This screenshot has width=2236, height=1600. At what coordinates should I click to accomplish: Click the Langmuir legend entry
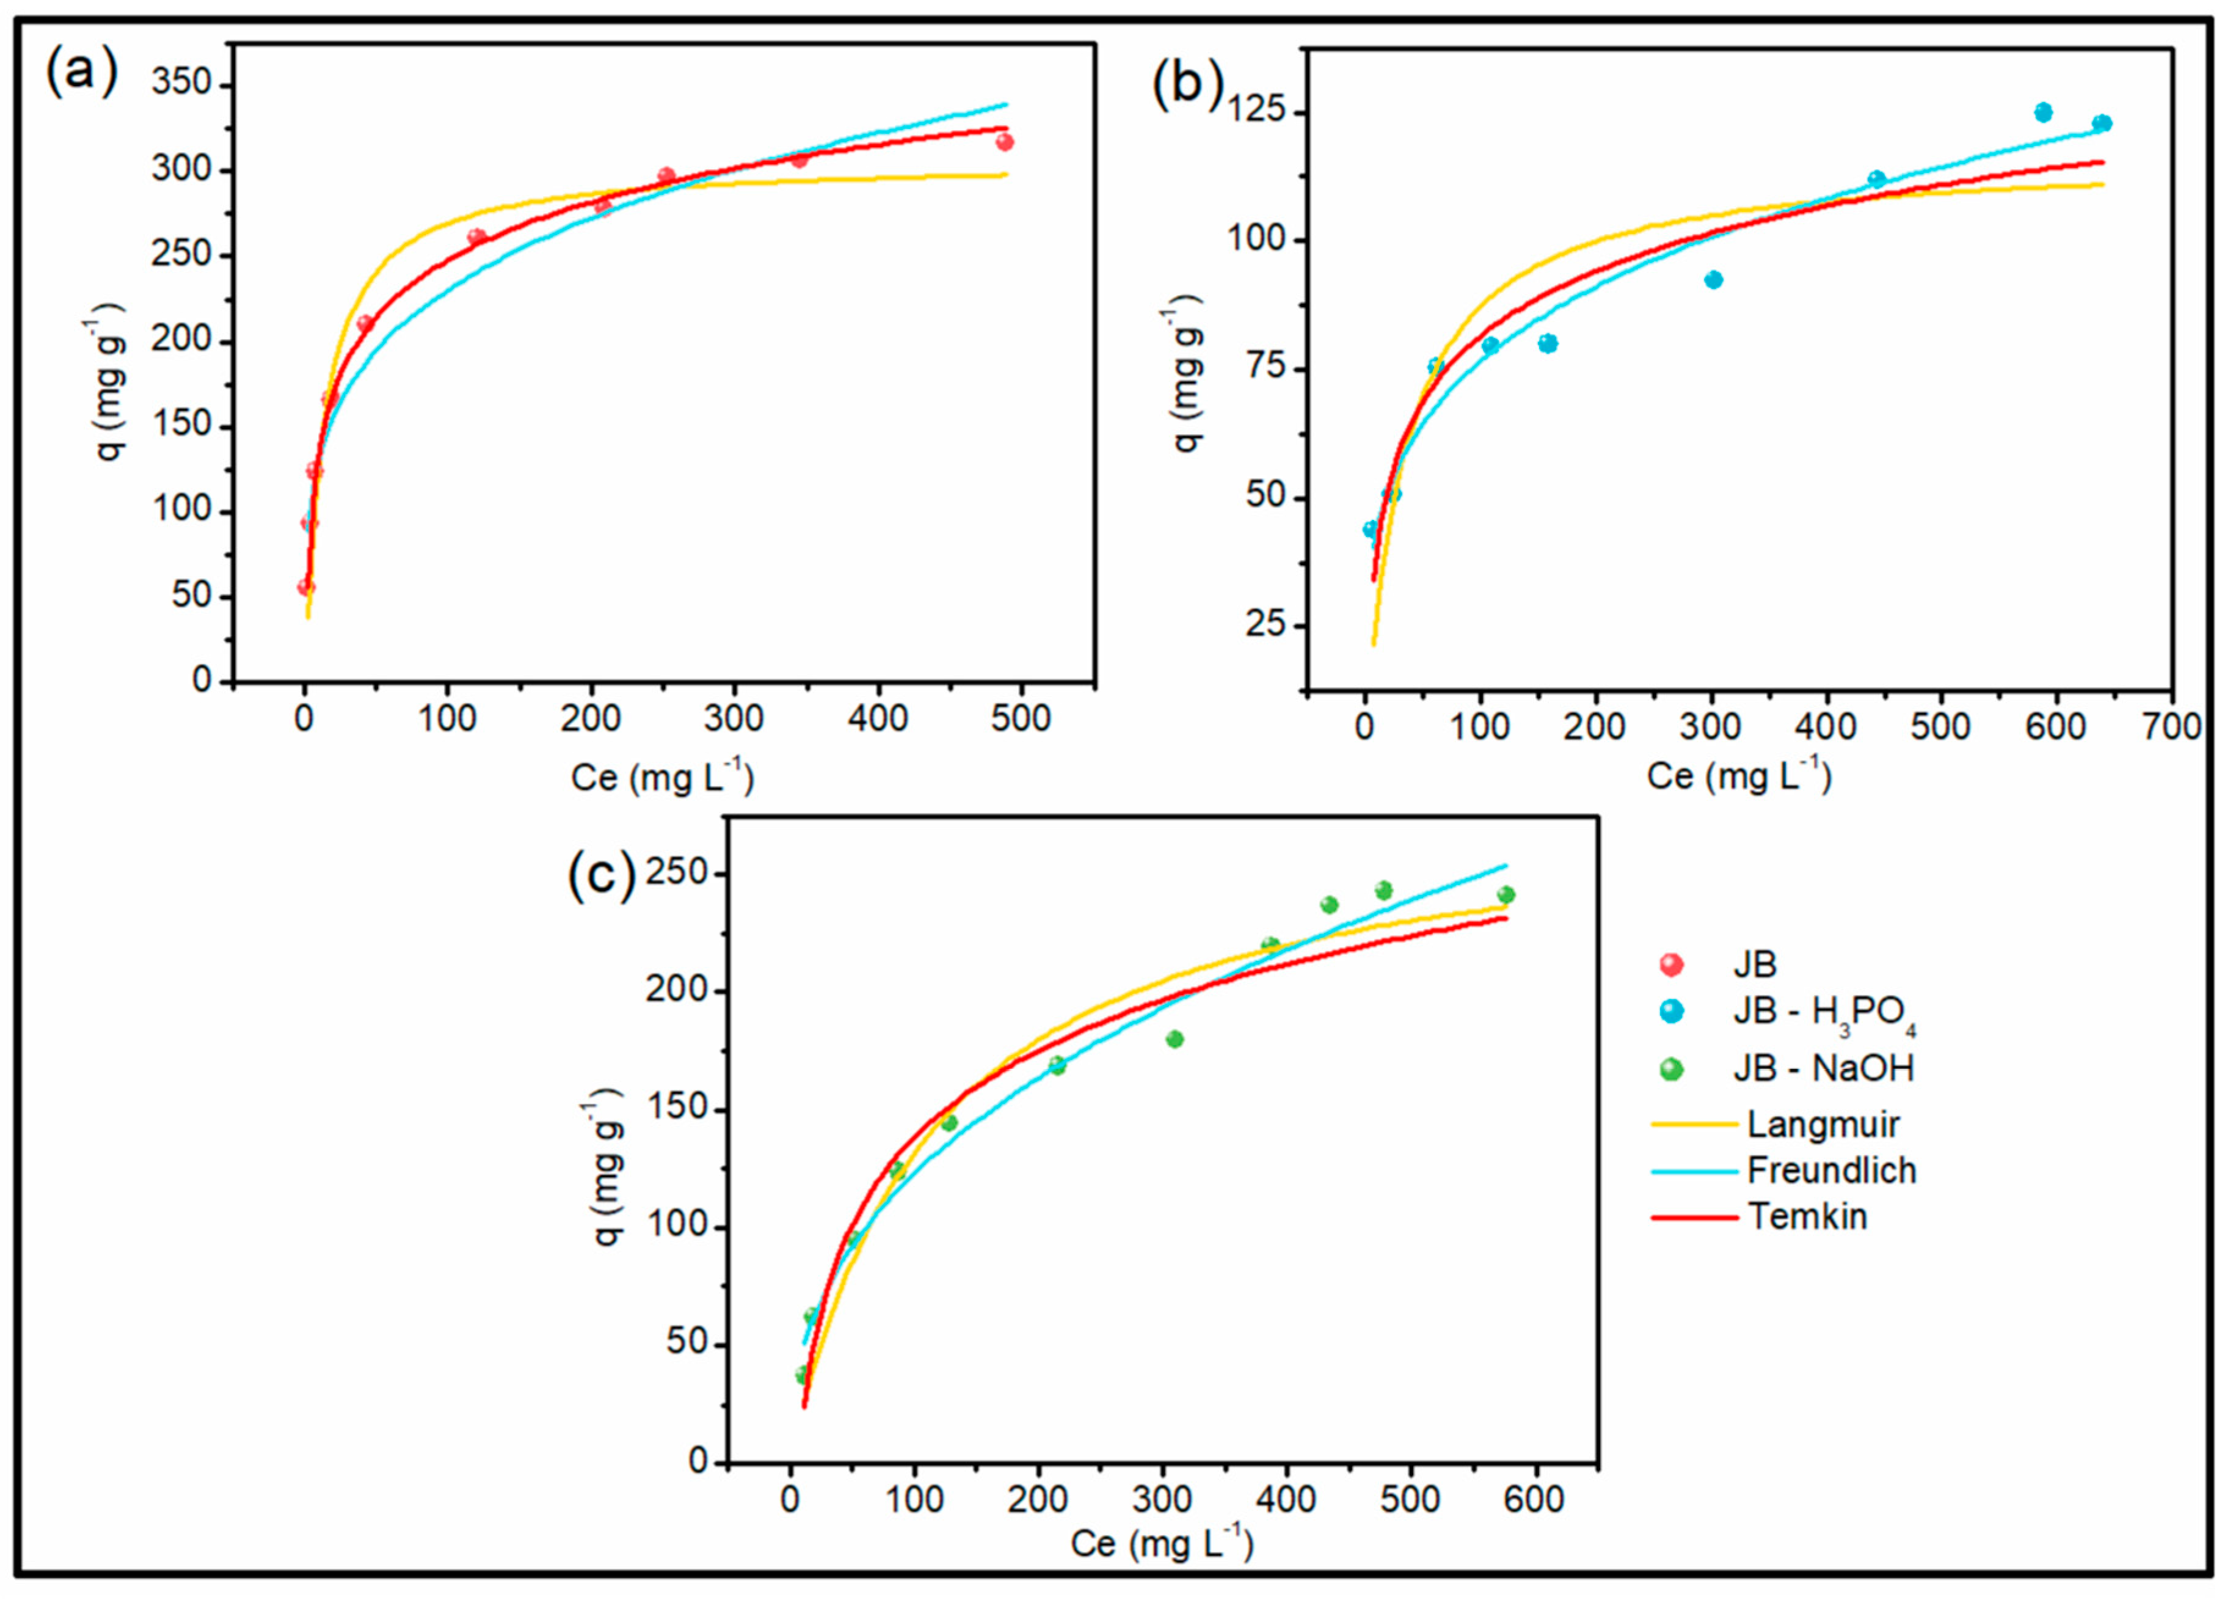click(x=1823, y=1124)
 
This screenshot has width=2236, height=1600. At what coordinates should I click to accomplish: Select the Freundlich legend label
click(x=1831, y=1171)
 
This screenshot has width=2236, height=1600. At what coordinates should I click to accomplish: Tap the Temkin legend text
click(x=1807, y=1217)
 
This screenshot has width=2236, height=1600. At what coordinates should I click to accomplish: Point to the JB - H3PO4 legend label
click(x=1823, y=1015)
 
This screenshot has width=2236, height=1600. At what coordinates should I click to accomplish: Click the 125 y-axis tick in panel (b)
click(x=1258, y=111)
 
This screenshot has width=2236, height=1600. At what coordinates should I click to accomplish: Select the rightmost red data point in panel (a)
click(x=1005, y=142)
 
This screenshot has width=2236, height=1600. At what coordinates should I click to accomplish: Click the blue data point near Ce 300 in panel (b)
click(x=1713, y=280)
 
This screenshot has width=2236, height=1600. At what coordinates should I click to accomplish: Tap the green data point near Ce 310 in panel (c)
click(x=1174, y=1039)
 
